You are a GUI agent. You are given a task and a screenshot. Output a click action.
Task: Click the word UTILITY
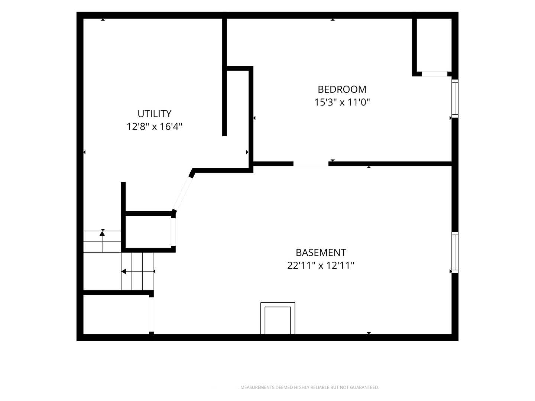(154, 114)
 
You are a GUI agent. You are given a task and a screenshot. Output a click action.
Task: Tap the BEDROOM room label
(342, 89)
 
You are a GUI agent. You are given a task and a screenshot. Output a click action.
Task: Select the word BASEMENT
(321, 253)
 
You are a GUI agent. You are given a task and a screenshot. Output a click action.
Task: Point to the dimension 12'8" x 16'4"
(154, 127)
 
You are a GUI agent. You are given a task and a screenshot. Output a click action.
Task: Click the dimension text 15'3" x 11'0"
(342, 102)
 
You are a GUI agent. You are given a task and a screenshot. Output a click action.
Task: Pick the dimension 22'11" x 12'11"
(321, 265)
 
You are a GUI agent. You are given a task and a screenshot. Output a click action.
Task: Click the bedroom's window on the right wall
(455, 99)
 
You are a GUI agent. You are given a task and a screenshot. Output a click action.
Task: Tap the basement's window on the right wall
(455, 252)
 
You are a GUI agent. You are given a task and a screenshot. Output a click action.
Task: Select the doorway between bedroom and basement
(311, 164)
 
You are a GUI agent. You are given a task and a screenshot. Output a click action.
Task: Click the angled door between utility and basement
(182, 194)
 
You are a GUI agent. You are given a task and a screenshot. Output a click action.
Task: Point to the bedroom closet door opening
(435, 74)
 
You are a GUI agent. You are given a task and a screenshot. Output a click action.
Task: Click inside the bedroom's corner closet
(434, 45)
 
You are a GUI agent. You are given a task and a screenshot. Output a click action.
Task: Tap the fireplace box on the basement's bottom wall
(278, 319)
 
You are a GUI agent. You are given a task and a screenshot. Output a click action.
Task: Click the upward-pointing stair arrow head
(102, 233)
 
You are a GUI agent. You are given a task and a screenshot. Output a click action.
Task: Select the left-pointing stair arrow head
(124, 271)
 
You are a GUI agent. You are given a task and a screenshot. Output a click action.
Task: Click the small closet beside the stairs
(148, 232)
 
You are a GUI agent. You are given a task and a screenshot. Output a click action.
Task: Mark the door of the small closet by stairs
(173, 232)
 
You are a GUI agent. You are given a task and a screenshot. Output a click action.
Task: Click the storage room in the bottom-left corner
(116, 314)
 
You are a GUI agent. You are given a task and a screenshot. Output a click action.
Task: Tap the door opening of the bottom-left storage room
(151, 314)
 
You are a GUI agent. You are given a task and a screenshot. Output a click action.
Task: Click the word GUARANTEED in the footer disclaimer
(364, 387)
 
